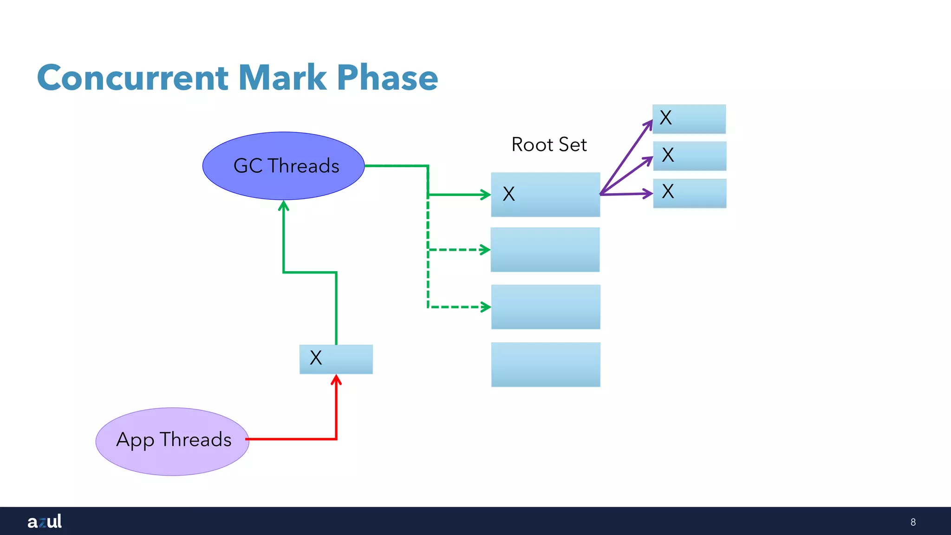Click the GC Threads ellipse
(283, 166)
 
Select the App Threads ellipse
(172, 441)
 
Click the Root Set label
(549, 144)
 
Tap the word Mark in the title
(282, 78)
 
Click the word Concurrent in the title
(133, 78)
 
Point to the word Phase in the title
(387, 78)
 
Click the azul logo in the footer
(45, 521)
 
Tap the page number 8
(913, 522)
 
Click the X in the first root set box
(509, 194)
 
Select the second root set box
(545, 250)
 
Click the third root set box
(546, 307)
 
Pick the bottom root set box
(546, 365)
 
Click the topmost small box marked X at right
(689, 119)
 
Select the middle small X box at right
(690, 156)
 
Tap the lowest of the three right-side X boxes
(690, 193)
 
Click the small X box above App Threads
(336, 359)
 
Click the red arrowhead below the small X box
(336, 380)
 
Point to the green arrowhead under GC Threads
(284, 206)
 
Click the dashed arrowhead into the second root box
(486, 250)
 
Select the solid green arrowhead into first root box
(486, 195)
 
